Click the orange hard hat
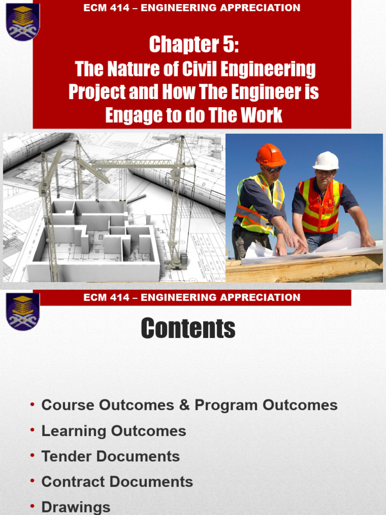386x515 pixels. point(270,155)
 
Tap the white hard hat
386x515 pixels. point(326,161)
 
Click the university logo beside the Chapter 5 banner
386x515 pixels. point(23,21)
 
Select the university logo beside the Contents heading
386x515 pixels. point(23,311)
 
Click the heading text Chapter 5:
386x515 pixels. point(194,45)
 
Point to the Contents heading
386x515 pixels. point(188,329)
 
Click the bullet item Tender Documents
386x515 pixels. point(110,456)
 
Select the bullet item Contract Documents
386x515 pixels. point(117,481)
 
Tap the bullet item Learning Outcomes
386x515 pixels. point(114,431)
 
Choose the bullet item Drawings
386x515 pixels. point(75,507)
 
